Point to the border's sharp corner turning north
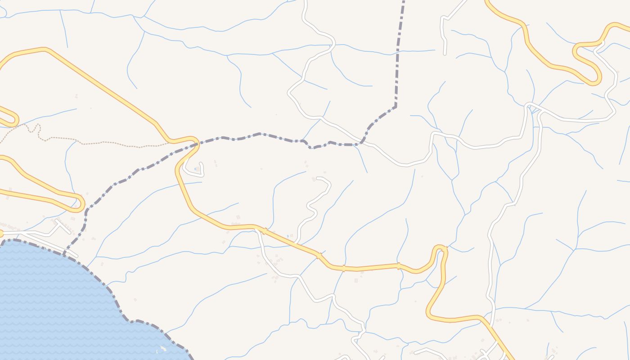pos(396,107)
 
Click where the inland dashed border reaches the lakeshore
pos(64,252)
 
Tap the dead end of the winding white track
pos(318,179)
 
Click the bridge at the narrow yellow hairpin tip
pos(444,249)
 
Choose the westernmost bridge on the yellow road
pos(264,231)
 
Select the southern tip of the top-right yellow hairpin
pos(596,81)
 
